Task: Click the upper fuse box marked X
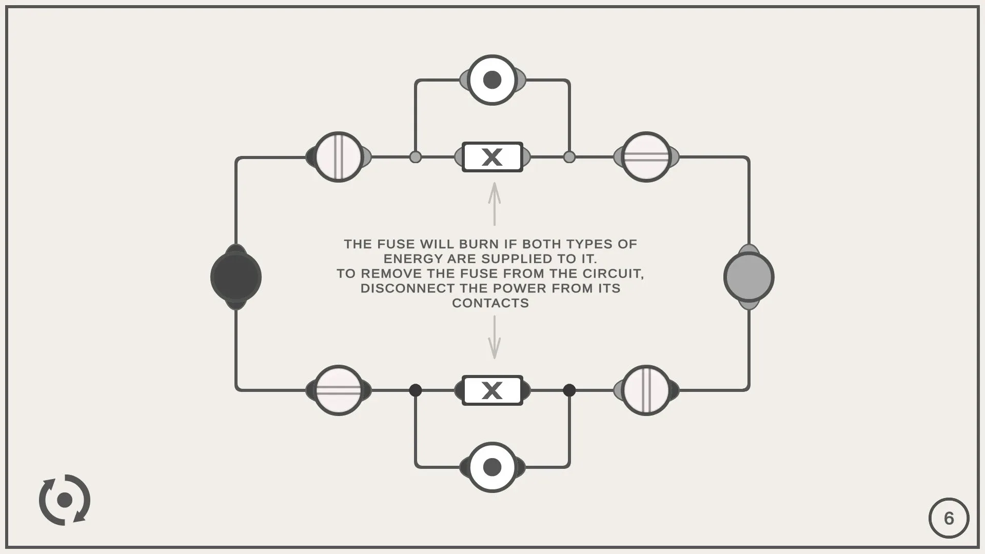(493, 157)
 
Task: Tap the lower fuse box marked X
(493, 390)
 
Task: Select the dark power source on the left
(236, 277)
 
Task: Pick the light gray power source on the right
(749, 277)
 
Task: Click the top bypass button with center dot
(493, 80)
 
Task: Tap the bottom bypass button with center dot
(493, 467)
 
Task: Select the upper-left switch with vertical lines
(339, 157)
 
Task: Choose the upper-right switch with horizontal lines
(646, 157)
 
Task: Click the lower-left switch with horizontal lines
(339, 390)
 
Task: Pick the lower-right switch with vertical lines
(646, 390)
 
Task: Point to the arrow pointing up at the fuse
(495, 204)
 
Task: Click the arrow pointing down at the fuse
(495, 337)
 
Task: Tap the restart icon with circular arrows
(65, 500)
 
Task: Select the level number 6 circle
(949, 518)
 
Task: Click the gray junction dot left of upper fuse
(416, 157)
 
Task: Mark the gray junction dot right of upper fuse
(569, 157)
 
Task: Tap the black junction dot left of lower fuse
(416, 390)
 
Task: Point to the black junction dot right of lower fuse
(569, 390)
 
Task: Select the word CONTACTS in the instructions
(490, 303)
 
